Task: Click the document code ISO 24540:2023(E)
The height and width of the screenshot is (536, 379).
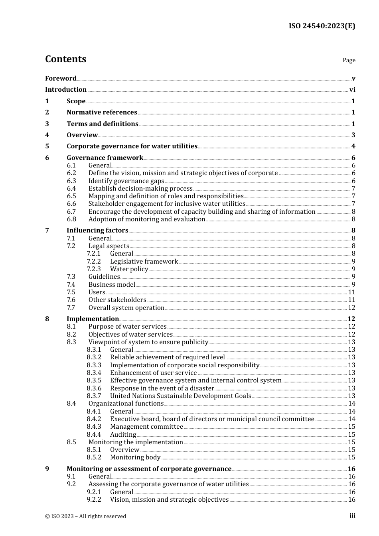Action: point(322,26)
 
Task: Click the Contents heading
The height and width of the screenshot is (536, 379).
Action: point(65,59)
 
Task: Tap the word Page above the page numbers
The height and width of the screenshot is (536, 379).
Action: point(349,60)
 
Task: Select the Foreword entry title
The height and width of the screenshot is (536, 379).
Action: point(61,79)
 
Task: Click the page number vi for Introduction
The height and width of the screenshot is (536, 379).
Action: point(352,90)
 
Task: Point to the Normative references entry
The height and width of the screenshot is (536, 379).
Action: point(102,112)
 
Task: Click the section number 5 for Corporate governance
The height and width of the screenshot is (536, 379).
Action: point(47,146)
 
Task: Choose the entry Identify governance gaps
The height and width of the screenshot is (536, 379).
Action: point(126,181)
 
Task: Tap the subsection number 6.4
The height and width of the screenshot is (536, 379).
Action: point(71,189)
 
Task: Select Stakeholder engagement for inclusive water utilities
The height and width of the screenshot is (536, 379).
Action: point(167,204)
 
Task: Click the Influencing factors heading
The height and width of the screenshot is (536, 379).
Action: point(97,231)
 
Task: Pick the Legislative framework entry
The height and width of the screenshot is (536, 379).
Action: point(144,262)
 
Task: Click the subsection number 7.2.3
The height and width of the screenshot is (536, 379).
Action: point(94,269)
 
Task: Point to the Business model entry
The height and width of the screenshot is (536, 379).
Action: point(112,285)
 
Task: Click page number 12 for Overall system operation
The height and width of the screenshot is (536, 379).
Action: point(351,308)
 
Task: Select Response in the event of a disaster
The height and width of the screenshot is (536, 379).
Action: point(162,388)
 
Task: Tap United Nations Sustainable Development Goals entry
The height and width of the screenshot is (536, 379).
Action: point(180,396)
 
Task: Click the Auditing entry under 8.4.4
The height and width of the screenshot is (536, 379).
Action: point(123,435)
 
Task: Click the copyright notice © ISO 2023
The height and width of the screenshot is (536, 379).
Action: point(85,516)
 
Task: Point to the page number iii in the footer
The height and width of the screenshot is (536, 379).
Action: point(352,516)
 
